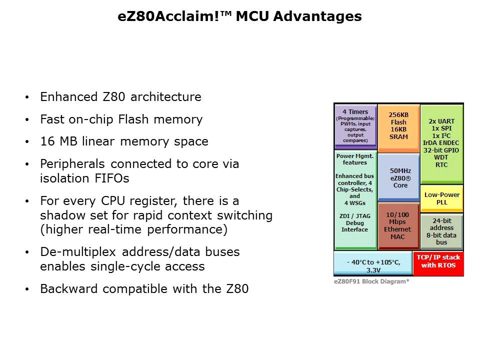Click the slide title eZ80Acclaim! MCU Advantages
click(239, 16)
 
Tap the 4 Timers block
click(355, 125)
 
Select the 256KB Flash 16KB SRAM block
click(398, 127)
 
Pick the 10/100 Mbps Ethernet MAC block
click(397, 225)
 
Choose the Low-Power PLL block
click(442, 198)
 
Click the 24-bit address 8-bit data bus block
click(441, 231)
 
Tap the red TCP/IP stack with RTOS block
click(438, 261)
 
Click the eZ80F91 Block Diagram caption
click(371, 281)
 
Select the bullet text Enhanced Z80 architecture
click(120, 97)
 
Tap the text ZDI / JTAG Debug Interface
click(354, 222)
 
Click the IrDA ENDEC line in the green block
click(441, 142)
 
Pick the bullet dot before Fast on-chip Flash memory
click(27, 120)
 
